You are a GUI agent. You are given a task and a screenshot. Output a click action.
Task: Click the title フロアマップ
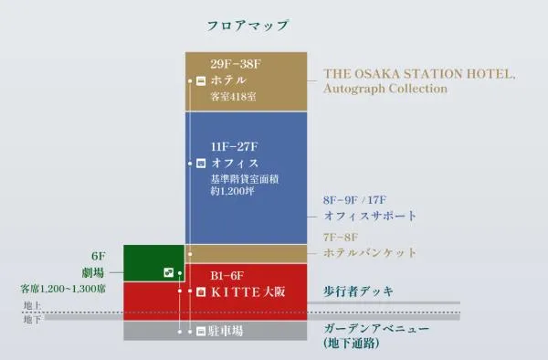[248, 26]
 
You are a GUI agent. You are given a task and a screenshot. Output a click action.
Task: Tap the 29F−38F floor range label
[236, 64]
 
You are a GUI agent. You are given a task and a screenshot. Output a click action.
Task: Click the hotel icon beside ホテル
[201, 80]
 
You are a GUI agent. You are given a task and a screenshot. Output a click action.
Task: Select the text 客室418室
[234, 97]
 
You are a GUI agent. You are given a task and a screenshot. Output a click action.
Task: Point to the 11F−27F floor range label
[234, 146]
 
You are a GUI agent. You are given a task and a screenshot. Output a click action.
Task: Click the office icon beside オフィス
[201, 164]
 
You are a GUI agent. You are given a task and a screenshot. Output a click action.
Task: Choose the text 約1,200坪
[232, 191]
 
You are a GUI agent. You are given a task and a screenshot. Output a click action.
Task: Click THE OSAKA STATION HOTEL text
[419, 74]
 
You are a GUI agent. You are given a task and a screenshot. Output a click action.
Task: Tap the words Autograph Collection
[385, 89]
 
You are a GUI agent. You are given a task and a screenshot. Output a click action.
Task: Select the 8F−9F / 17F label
[354, 200]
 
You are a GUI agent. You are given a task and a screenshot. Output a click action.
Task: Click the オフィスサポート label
[370, 216]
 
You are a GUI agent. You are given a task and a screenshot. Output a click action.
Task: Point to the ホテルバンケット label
[370, 252]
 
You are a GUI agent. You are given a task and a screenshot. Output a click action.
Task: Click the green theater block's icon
[169, 272]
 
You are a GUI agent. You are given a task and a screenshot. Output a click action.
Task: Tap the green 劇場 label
[93, 272]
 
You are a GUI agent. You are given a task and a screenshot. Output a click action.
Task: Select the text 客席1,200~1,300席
[63, 289]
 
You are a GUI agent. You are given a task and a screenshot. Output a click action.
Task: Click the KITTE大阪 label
[248, 291]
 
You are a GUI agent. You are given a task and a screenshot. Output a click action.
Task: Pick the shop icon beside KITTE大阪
[201, 291]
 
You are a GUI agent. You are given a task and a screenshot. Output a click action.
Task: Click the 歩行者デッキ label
[359, 291]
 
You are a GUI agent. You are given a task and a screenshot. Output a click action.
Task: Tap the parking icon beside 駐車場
[201, 331]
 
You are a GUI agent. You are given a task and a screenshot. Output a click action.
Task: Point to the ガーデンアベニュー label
[376, 329]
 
